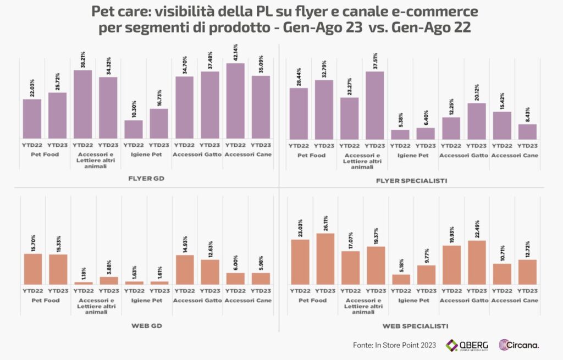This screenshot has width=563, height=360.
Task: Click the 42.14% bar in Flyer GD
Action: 235,101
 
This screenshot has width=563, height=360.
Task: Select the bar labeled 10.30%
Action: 134,130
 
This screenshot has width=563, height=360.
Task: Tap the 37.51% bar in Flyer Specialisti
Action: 374,105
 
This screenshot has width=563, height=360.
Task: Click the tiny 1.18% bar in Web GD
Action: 83,283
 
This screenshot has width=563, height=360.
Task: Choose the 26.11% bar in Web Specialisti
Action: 325,259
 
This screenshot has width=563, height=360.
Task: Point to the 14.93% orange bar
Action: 184,270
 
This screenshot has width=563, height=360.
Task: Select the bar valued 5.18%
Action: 401,280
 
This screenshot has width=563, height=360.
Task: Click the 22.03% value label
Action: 32,88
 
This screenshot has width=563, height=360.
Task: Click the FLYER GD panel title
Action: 147,179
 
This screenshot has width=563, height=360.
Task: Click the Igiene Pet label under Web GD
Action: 146,301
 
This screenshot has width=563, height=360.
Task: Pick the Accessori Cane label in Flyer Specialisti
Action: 514,156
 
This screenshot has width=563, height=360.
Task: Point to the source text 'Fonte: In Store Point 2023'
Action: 394,345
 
